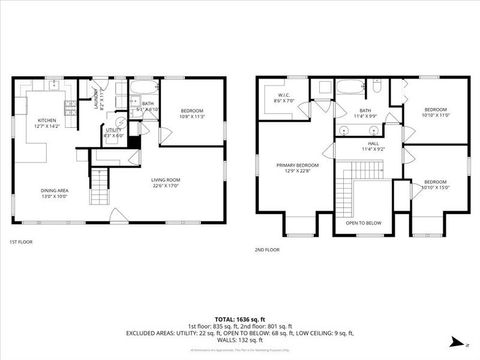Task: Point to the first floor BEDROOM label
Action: coord(192,110)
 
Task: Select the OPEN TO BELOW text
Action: coord(364,222)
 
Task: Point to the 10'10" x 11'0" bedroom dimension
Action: coord(436,113)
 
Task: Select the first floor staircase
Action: coord(99,180)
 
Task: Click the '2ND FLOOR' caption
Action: coord(267,249)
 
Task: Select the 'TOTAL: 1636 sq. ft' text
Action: coord(240,318)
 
